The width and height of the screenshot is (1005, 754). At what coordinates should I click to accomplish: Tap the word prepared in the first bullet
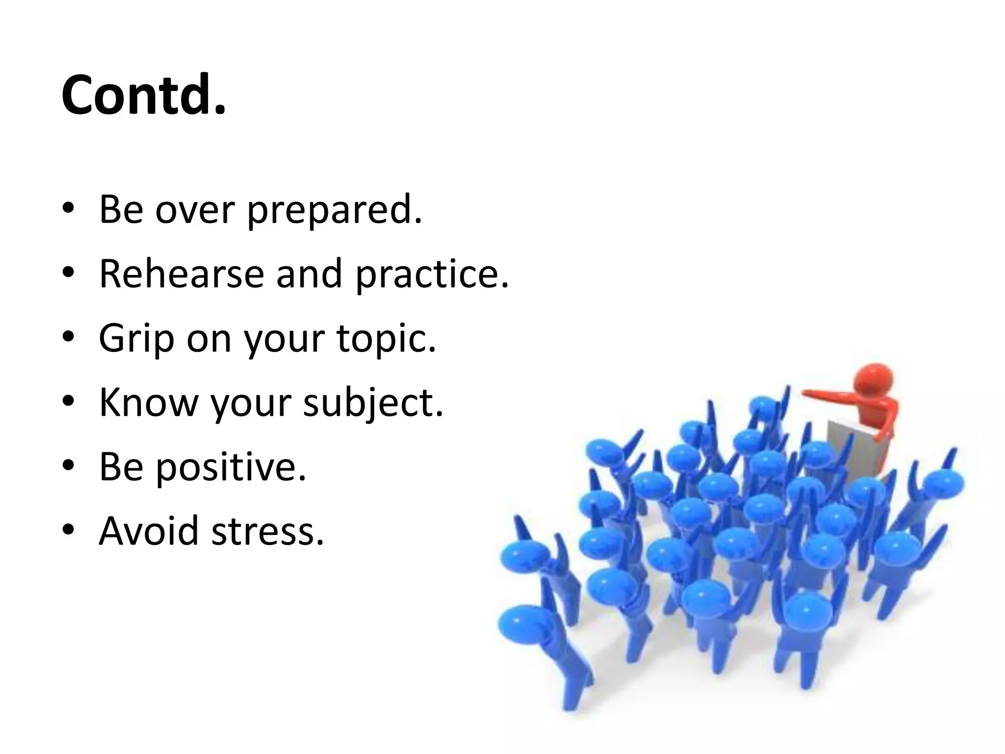pos(334,210)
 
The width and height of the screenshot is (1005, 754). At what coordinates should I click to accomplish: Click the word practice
pos(432,274)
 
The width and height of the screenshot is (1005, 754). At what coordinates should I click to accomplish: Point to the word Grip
pos(136,339)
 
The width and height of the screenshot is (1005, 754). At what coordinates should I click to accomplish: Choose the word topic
pos(386,339)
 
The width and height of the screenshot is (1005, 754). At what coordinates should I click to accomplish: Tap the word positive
pos(231,467)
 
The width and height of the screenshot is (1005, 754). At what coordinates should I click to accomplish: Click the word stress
pos(267,532)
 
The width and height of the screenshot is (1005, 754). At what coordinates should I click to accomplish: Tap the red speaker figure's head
pos(875,380)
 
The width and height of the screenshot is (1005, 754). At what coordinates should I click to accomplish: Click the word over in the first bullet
pos(195,210)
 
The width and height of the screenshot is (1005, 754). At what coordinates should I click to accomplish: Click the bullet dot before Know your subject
pos(68,402)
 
